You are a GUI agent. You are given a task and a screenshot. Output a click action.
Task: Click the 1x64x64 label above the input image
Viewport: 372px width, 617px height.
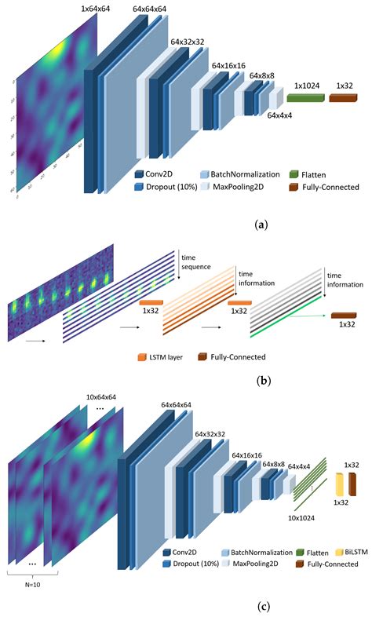(x=100, y=9)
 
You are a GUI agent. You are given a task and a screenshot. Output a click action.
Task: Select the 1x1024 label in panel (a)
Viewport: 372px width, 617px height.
(x=306, y=84)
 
